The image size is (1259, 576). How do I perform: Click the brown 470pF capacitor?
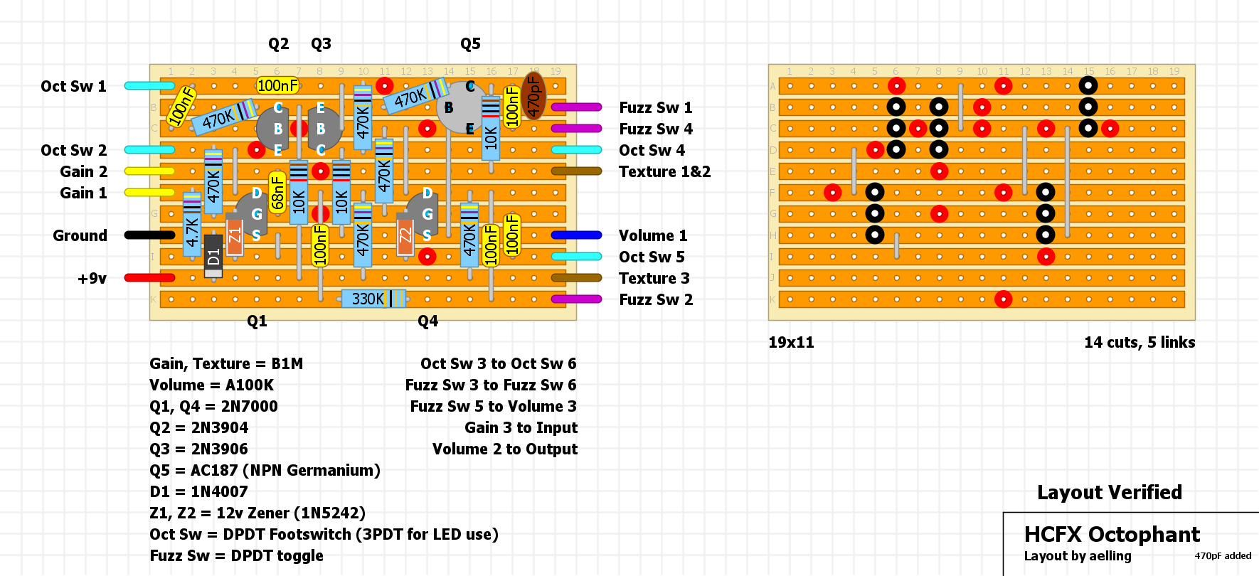tap(533, 95)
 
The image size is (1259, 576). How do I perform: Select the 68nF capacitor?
tap(277, 192)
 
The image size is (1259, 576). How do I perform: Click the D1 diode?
tap(213, 255)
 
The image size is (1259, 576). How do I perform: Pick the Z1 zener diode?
tap(235, 235)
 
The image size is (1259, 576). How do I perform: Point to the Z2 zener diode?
tap(405, 235)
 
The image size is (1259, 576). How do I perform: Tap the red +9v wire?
tap(149, 277)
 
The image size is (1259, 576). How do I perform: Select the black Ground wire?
tap(149, 235)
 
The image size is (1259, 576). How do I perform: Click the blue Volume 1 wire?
tap(576, 235)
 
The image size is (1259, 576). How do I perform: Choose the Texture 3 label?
tap(654, 278)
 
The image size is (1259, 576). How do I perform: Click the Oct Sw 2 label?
tap(73, 150)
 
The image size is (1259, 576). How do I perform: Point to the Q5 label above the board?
tap(470, 44)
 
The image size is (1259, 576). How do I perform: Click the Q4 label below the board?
tap(427, 321)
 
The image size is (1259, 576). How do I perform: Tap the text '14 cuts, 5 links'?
tap(1139, 342)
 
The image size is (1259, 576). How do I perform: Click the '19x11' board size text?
tap(791, 342)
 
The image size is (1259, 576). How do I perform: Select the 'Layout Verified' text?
tap(1109, 492)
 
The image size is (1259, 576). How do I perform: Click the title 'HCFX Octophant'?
tap(1112, 534)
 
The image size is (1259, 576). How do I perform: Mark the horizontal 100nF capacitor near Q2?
tap(277, 85)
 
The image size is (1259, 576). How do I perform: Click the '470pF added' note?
tap(1223, 556)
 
